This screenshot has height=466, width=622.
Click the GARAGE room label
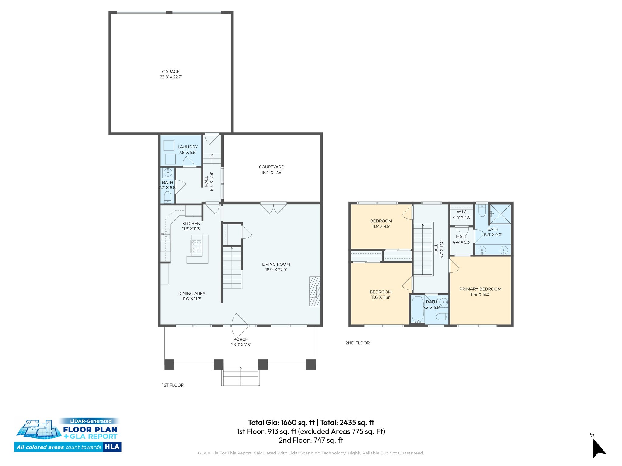tap(171, 72)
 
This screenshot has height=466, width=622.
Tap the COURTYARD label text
tap(272, 167)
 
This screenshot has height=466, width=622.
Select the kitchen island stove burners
tap(196, 246)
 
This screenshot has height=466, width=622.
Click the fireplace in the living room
tap(315, 291)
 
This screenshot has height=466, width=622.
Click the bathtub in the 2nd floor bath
tap(417, 309)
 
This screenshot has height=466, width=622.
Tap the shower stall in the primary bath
tap(500, 214)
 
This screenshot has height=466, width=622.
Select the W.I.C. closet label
tap(462, 212)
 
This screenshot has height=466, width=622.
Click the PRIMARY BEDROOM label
tap(480, 289)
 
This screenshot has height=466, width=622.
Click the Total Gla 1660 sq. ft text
tap(281, 422)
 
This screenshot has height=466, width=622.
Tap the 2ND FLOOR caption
tap(357, 343)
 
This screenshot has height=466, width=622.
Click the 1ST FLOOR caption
tap(173, 385)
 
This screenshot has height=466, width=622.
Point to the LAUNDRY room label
tap(187, 147)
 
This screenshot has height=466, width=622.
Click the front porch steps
tap(241, 377)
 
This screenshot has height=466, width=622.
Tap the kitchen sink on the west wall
tap(166, 234)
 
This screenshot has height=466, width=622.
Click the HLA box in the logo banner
tap(112, 447)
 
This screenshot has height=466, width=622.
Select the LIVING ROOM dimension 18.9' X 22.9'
tap(276, 270)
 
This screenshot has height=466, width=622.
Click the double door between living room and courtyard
tap(273, 207)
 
